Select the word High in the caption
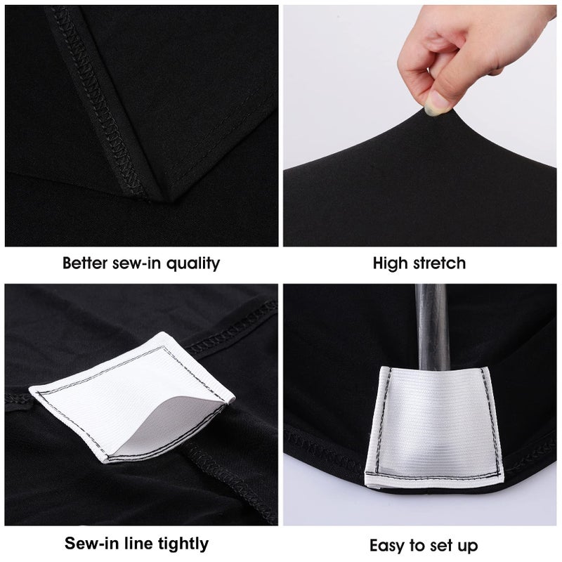390,263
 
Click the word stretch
438,263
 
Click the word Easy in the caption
387,544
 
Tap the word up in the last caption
466,546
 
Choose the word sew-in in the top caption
137,263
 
